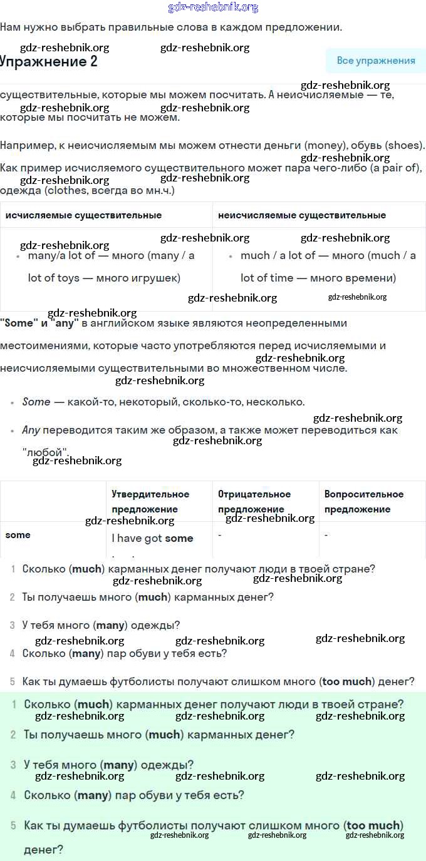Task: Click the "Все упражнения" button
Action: pyautogui.click(x=376, y=61)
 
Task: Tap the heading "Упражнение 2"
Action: pyautogui.click(x=48, y=61)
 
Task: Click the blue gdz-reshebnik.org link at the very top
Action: pyautogui.click(x=213, y=8)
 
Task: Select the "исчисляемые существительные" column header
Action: pyautogui.click(x=83, y=215)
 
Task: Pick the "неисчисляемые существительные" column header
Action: pyautogui.click(x=301, y=215)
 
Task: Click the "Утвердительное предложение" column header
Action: pyautogui.click(x=150, y=501)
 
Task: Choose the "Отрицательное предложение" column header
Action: pyautogui.click(x=254, y=501)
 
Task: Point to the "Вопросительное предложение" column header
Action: pyautogui.click(x=364, y=501)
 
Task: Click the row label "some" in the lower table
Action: pyautogui.click(x=18, y=535)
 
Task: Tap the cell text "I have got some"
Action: pyautogui.click(x=152, y=538)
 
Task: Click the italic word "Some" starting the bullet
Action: pyautogui.click(x=36, y=402)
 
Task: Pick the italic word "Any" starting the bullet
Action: pyautogui.click(x=31, y=430)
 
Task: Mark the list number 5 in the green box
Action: pyautogui.click(x=13, y=825)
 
